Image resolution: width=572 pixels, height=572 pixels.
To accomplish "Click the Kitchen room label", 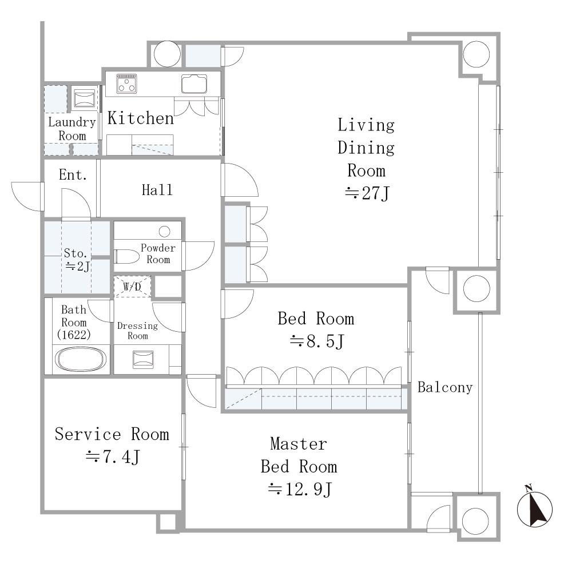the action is pyautogui.click(x=141, y=118).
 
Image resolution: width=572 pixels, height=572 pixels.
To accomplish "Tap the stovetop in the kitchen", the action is pyautogui.click(x=126, y=84).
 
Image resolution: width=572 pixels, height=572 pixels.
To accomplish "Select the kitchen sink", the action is pyautogui.click(x=194, y=84).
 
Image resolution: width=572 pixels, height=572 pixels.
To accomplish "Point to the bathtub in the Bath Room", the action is pyautogui.click(x=81, y=359).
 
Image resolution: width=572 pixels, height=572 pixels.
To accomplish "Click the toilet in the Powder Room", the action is pyautogui.click(x=126, y=256).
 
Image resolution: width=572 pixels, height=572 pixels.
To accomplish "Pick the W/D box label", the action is pyautogui.click(x=132, y=287).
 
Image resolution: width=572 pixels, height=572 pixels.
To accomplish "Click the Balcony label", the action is pyautogui.click(x=445, y=387).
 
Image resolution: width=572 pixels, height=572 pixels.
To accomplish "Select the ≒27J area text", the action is pyautogui.click(x=367, y=193).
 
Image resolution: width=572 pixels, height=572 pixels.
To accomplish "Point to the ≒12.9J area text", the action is pyautogui.click(x=300, y=489).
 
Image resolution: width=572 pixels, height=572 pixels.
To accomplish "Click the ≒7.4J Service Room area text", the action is pyautogui.click(x=113, y=456).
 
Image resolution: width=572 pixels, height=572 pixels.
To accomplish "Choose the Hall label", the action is pyautogui.click(x=157, y=190).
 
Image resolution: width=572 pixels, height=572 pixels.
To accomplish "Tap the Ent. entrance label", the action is pyautogui.click(x=73, y=174).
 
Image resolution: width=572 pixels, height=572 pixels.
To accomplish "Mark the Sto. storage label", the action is pyautogui.click(x=75, y=253).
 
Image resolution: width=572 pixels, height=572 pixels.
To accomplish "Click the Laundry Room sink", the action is pyautogui.click(x=84, y=98).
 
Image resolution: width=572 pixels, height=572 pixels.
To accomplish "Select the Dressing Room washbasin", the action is pyautogui.click(x=143, y=359).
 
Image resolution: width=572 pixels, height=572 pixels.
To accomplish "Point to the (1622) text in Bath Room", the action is pyautogui.click(x=74, y=335).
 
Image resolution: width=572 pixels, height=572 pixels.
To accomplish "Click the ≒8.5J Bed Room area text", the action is pyautogui.click(x=317, y=341).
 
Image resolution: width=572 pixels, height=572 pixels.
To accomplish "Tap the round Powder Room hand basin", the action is pyautogui.click(x=165, y=231).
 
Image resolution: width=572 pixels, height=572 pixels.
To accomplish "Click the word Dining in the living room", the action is pyautogui.click(x=366, y=148).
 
